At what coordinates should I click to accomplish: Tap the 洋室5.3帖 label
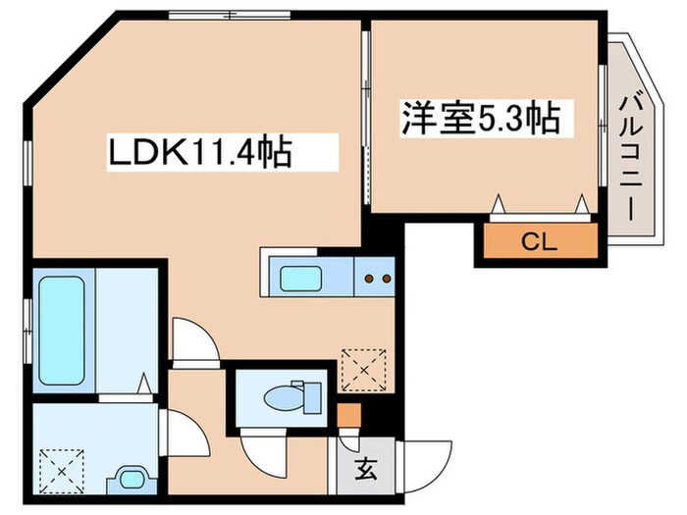point(479,119)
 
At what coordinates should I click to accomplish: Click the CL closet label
point(538,241)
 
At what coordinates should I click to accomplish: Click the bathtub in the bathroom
point(62,330)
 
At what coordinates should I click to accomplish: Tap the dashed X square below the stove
point(363,369)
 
